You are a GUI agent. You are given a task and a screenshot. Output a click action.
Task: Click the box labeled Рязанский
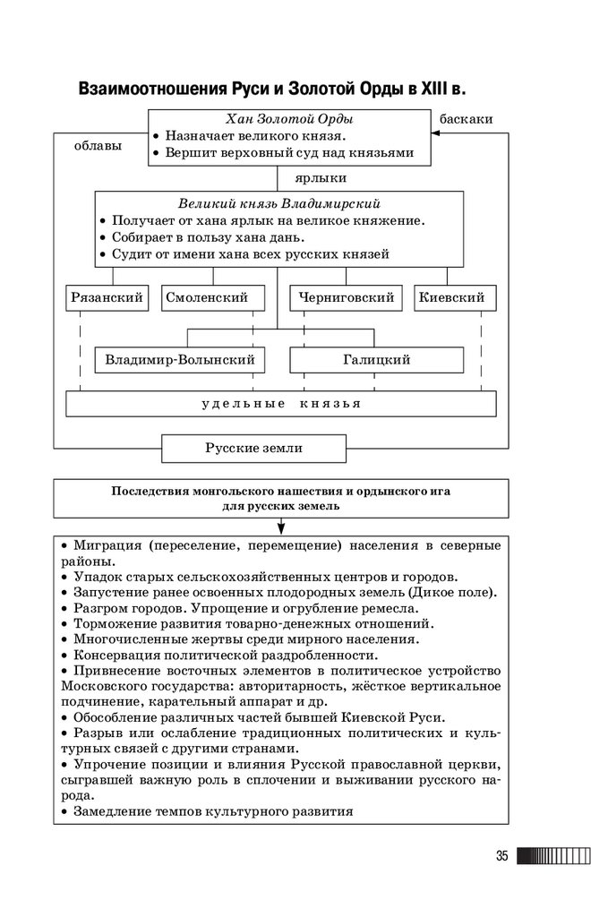pos(107,298)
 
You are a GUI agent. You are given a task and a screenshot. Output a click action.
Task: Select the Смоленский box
pos(213,298)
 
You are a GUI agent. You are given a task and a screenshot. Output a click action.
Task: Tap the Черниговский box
pos(347,298)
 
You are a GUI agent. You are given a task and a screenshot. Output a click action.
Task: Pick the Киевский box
pos(455,298)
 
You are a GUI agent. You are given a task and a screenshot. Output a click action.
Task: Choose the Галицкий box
pos(376,360)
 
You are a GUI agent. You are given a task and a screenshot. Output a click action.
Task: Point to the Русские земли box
pos(241,448)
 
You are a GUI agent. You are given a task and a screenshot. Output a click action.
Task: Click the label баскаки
pos(466,119)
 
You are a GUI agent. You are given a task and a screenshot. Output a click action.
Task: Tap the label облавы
pos(98,146)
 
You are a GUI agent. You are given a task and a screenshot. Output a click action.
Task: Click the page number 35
pos(501,856)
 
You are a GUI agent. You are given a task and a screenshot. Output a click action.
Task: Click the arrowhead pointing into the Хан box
pos(437,133)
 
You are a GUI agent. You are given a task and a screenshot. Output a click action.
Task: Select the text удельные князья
pos(280,404)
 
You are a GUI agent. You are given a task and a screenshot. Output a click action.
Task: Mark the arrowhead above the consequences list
pos(280,528)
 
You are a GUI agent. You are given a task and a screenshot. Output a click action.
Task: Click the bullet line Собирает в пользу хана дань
pos(208,237)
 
